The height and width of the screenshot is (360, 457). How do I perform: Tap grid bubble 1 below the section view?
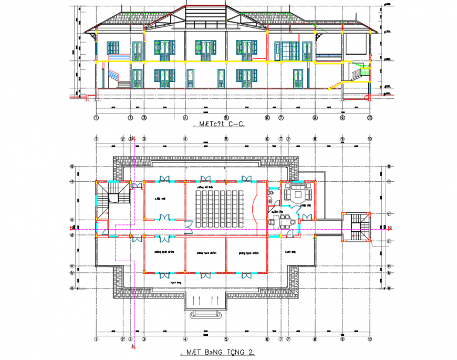96,118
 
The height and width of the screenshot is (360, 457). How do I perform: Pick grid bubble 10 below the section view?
370,118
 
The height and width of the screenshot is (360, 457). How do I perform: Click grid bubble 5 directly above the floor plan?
226,139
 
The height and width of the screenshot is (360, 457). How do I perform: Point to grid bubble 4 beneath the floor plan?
185,339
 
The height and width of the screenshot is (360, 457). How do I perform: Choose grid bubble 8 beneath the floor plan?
315,339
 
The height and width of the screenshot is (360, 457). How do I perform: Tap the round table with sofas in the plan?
298,194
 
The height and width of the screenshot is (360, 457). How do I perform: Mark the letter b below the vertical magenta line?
134,346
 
